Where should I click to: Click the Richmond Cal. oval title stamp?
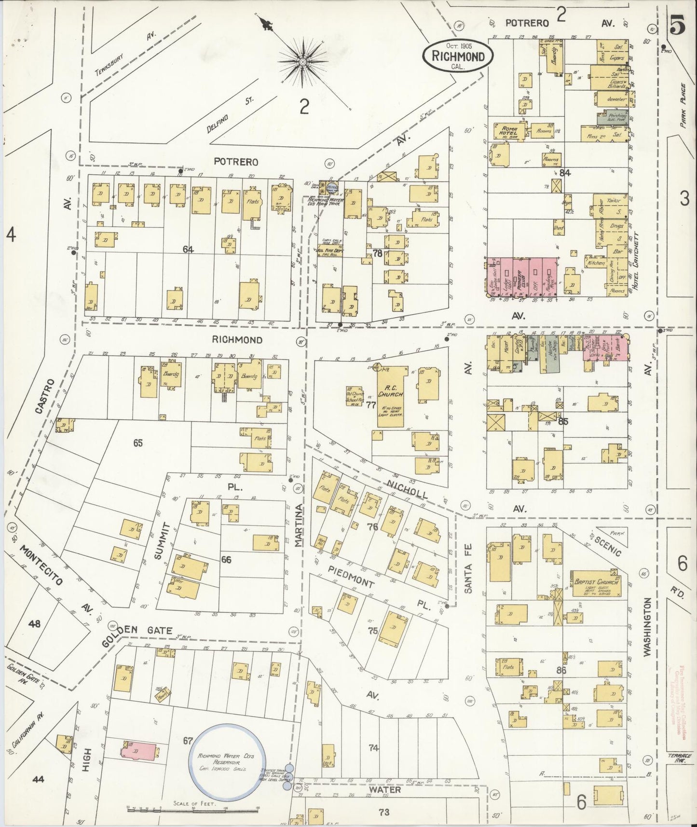pyautogui.click(x=458, y=57)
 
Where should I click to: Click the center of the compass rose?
pyautogui.click(x=302, y=62)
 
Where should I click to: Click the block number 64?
pyautogui.click(x=188, y=249)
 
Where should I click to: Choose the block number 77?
pyautogui.click(x=370, y=404)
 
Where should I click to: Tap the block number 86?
pyautogui.click(x=560, y=670)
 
